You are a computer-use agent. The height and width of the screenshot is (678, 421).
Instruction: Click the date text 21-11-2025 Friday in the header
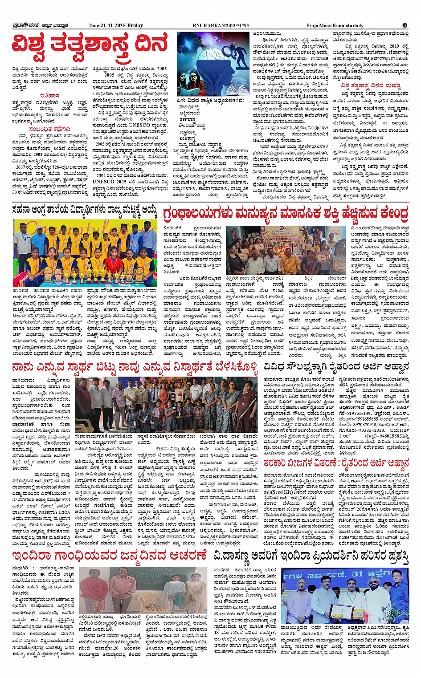[x=116, y=26]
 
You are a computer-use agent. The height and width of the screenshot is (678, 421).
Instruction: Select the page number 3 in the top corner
[x=405, y=25]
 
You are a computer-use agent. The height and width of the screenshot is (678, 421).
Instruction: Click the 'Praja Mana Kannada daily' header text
[x=335, y=26]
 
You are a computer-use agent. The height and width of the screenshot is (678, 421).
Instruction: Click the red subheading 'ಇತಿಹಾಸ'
[x=50, y=95]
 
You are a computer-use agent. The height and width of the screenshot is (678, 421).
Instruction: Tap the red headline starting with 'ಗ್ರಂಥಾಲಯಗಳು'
[x=286, y=214]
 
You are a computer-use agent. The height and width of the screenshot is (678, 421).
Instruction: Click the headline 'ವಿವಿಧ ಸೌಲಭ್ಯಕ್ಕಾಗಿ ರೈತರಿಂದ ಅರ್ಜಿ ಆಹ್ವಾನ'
[x=336, y=367]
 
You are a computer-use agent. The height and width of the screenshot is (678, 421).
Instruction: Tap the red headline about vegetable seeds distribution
[x=336, y=463]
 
